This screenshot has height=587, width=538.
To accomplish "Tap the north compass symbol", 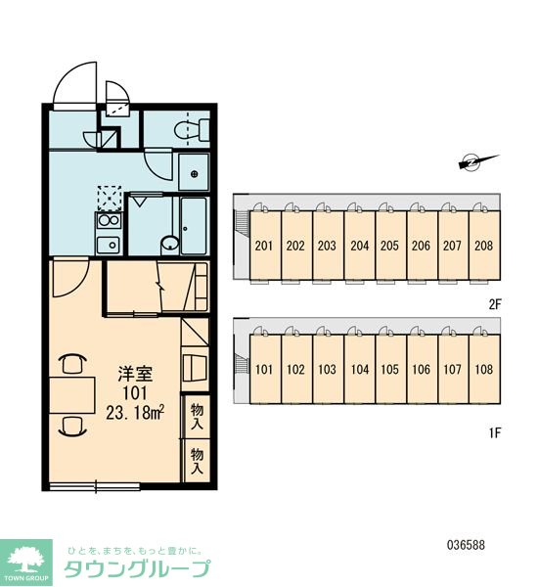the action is (x=478, y=162).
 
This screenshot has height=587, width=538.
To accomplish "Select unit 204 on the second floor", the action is (x=360, y=246).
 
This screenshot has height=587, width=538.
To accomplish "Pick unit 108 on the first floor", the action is (x=484, y=369).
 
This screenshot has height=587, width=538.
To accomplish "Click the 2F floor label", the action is (x=495, y=304).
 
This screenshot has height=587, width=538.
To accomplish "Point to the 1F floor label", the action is (x=495, y=433).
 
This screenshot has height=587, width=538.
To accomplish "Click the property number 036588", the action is (x=466, y=545).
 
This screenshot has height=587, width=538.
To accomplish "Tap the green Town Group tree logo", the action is (x=26, y=563).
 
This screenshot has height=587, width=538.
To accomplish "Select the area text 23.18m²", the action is (x=136, y=413).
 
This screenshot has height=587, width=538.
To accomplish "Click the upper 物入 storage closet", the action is (x=197, y=416).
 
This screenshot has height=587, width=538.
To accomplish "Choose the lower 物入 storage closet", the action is (x=197, y=461).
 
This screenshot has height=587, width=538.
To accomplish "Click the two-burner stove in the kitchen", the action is (x=109, y=221).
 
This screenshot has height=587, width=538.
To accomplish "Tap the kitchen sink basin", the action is (x=109, y=245).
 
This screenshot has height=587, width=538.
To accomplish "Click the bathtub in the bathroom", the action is (x=194, y=226).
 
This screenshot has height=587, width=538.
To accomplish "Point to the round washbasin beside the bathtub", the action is (x=170, y=244).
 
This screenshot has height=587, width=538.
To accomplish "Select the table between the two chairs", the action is (x=72, y=395).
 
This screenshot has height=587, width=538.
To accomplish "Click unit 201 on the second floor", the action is (x=264, y=246).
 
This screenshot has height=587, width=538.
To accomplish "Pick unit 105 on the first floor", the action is (x=389, y=369).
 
